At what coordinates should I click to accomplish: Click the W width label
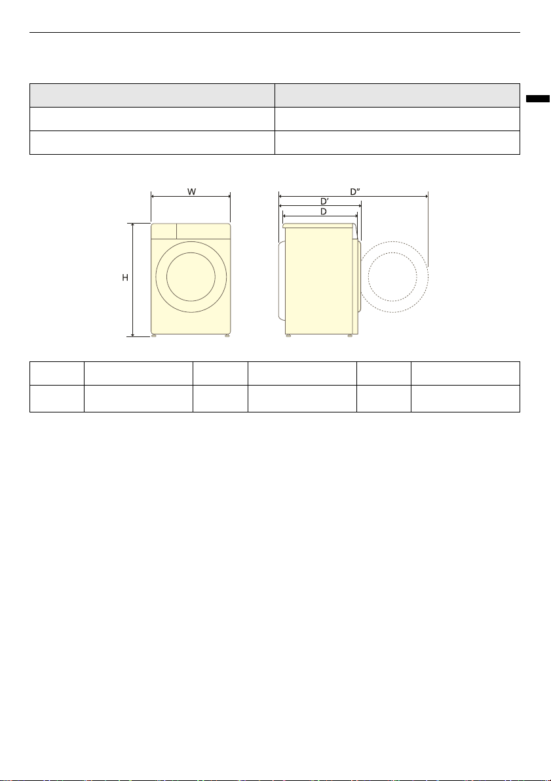coord(191,191)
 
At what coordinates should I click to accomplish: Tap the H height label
coord(125,277)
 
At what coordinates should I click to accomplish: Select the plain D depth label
coord(324,212)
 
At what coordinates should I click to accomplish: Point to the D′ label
coord(324,201)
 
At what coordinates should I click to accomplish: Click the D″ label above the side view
coord(355,191)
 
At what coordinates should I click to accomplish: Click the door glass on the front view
coord(191,277)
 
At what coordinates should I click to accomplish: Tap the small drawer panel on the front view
coord(164,231)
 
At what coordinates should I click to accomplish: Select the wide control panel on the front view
coord(204,231)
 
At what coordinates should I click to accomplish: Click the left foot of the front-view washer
coord(155,336)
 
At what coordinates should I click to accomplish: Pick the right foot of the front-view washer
coord(227,336)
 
